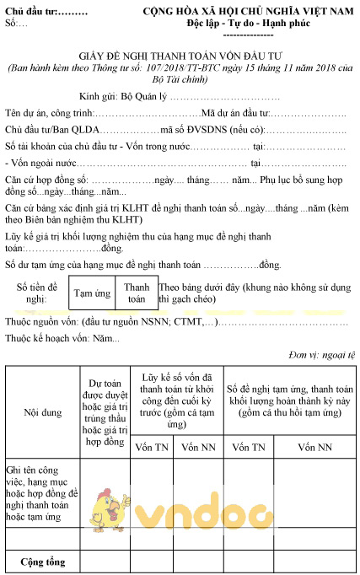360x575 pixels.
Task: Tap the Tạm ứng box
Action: tap(91, 293)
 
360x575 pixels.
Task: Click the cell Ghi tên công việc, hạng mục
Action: tap(41, 492)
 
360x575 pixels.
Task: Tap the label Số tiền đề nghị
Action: tap(36, 293)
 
